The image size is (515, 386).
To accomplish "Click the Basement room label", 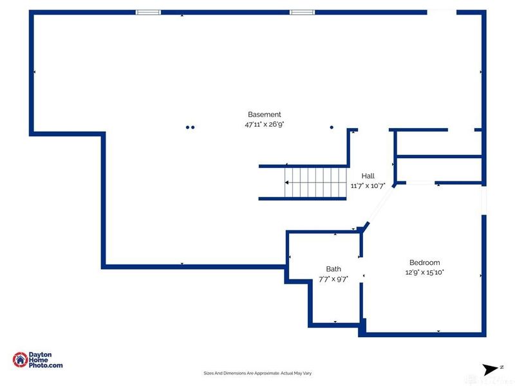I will click(264, 115).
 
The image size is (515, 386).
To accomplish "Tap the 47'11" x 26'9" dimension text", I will click(264, 125).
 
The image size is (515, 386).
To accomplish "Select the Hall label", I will click(368, 176).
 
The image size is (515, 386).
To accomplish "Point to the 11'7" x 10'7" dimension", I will click(368, 186).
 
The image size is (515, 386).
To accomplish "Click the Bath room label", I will click(333, 269).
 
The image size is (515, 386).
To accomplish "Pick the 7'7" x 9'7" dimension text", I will click(333, 279).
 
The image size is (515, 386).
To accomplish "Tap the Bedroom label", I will click(425, 262).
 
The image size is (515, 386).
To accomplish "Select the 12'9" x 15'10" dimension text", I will click(425, 272).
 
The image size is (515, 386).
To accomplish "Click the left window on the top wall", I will click(148, 12).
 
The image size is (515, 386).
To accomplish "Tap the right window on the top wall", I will click(301, 12).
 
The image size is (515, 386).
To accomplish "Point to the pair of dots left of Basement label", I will click(190, 127).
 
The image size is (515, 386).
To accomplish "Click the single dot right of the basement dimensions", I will click(332, 127).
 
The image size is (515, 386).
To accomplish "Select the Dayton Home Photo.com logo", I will click(38, 360).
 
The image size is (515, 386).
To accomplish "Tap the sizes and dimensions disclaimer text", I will click(257, 373).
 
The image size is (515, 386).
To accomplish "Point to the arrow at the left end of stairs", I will click(286, 183).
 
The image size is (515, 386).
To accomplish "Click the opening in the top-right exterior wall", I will click(442, 12).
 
